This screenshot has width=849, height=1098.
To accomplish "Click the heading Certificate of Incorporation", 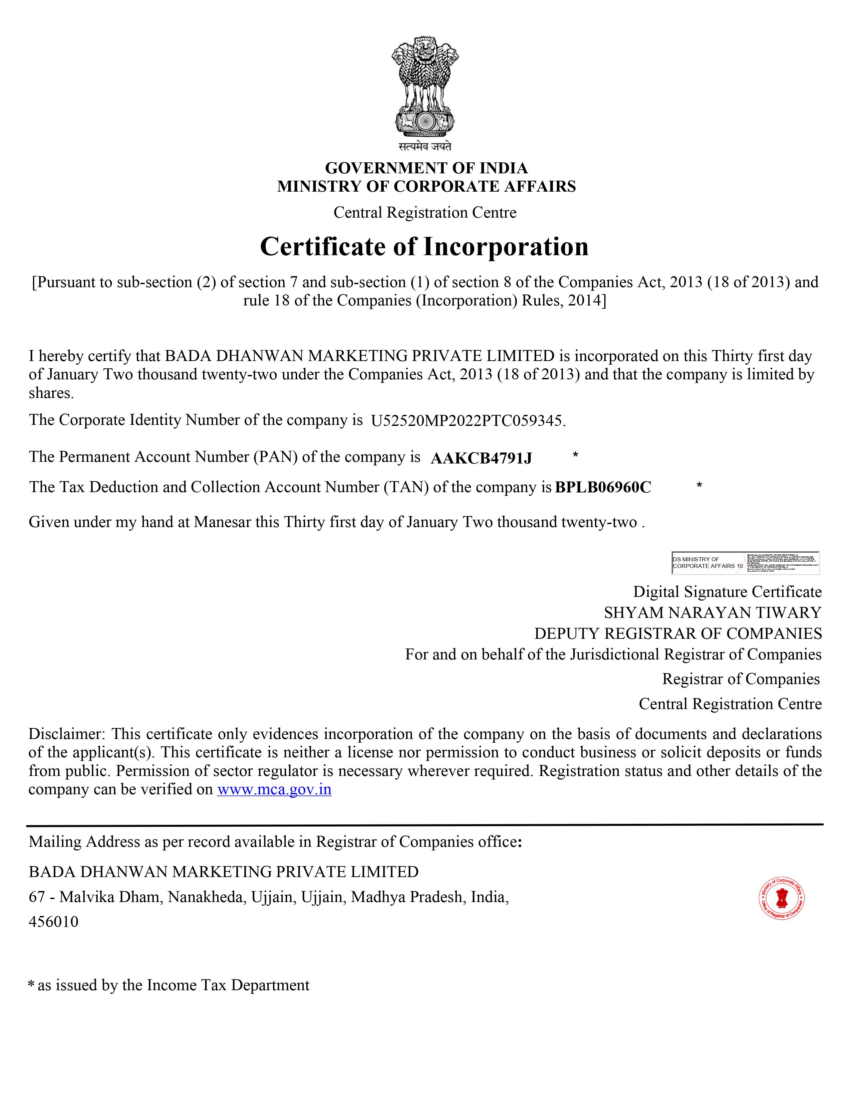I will tap(424, 247).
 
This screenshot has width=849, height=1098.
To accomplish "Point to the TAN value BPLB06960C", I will tap(603, 487).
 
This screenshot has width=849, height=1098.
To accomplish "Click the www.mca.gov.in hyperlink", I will tap(274, 789).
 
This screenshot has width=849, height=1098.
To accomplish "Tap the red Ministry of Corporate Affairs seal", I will tap(781, 898).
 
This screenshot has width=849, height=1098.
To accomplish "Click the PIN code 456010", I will tap(54, 922).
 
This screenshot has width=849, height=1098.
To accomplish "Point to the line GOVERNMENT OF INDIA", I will tap(426, 168).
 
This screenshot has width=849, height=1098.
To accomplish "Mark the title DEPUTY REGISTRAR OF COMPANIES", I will tap(678, 634).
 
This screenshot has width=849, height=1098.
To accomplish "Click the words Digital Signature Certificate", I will tap(727, 592).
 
